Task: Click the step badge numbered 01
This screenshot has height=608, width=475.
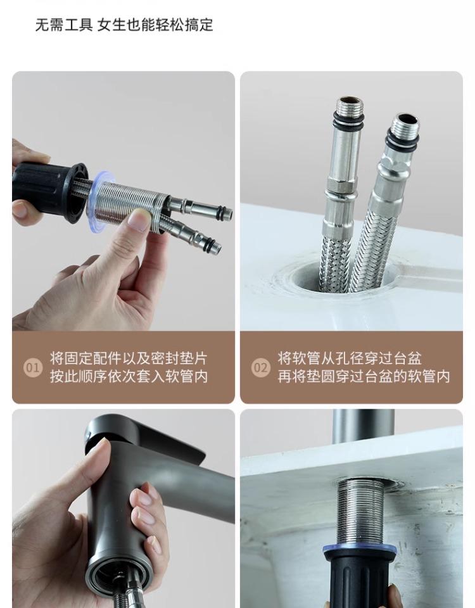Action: [x=32, y=367]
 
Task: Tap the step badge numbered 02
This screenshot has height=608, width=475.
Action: [x=260, y=367]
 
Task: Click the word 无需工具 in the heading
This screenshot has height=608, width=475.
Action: [x=64, y=25]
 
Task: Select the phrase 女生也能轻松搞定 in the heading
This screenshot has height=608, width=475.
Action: [x=155, y=25]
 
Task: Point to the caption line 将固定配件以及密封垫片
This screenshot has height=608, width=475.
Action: [x=129, y=358]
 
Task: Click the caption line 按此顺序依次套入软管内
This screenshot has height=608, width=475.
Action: [x=129, y=376]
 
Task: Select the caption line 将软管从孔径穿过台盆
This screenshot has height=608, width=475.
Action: [x=350, y=358]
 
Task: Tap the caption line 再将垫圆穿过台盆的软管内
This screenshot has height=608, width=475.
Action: [x=364, y=376]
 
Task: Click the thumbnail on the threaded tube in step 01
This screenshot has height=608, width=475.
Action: [x=139, y=220]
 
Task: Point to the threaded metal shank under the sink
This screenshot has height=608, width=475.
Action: [x=359, y=511]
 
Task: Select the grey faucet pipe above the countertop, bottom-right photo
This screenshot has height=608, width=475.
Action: [x=364, y=424]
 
